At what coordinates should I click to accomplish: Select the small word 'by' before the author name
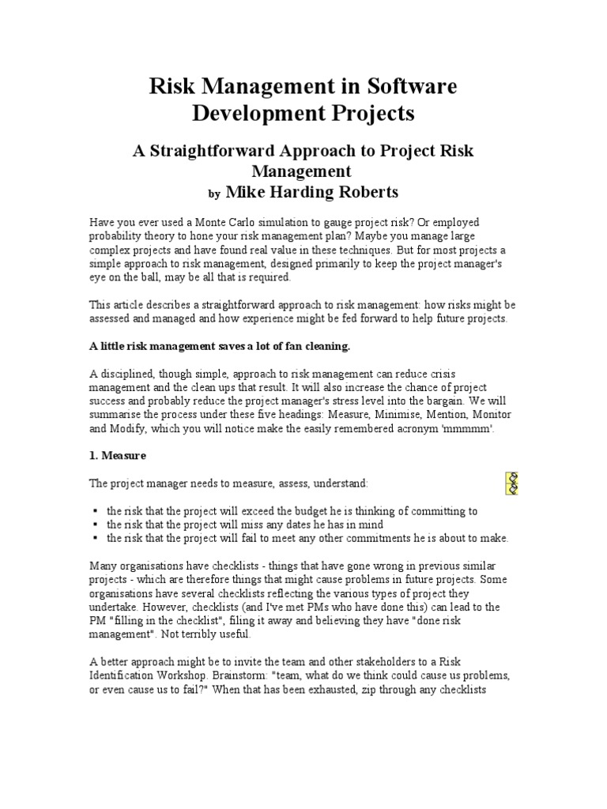click(x=213, y=193)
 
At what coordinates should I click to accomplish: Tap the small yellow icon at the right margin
click(x=511, y=483)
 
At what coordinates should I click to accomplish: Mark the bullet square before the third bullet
click(x=94, y=538)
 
